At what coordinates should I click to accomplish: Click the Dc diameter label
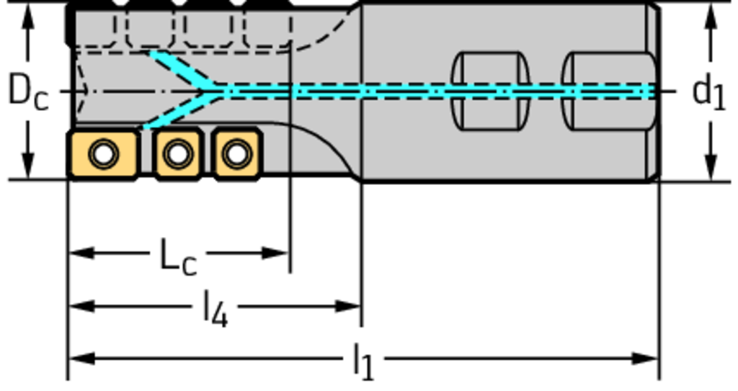pyautogui.click(x=27, y=91)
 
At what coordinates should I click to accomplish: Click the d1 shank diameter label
pyautogui.click(x=708, y=91)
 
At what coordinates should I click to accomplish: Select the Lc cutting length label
pyautogui.click(x=177, y=257)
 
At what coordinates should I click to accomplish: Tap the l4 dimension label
pyautogui.click(x=215, y=310)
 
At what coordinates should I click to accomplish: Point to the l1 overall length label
pyautogui.click(x=364, y=361)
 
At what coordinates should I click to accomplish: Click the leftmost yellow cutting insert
pyautogui.click(x=102, y=153)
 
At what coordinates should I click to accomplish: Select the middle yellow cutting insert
pyautogui.click(x=178, y=153)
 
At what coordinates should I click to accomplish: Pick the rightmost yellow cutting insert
pyautogui.click(x=236, y=153)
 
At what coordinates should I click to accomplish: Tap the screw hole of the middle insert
pyautogui.click(x=178, y=153)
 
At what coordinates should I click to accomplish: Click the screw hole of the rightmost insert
pyautogui.click(x=236, y=153)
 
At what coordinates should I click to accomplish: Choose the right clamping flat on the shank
pyautogui.click(x=609, y=91)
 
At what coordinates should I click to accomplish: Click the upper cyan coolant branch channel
pyautogui.click(x=180, y=68)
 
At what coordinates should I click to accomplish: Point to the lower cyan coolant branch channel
pyautogui.click(x=177, y=112)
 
